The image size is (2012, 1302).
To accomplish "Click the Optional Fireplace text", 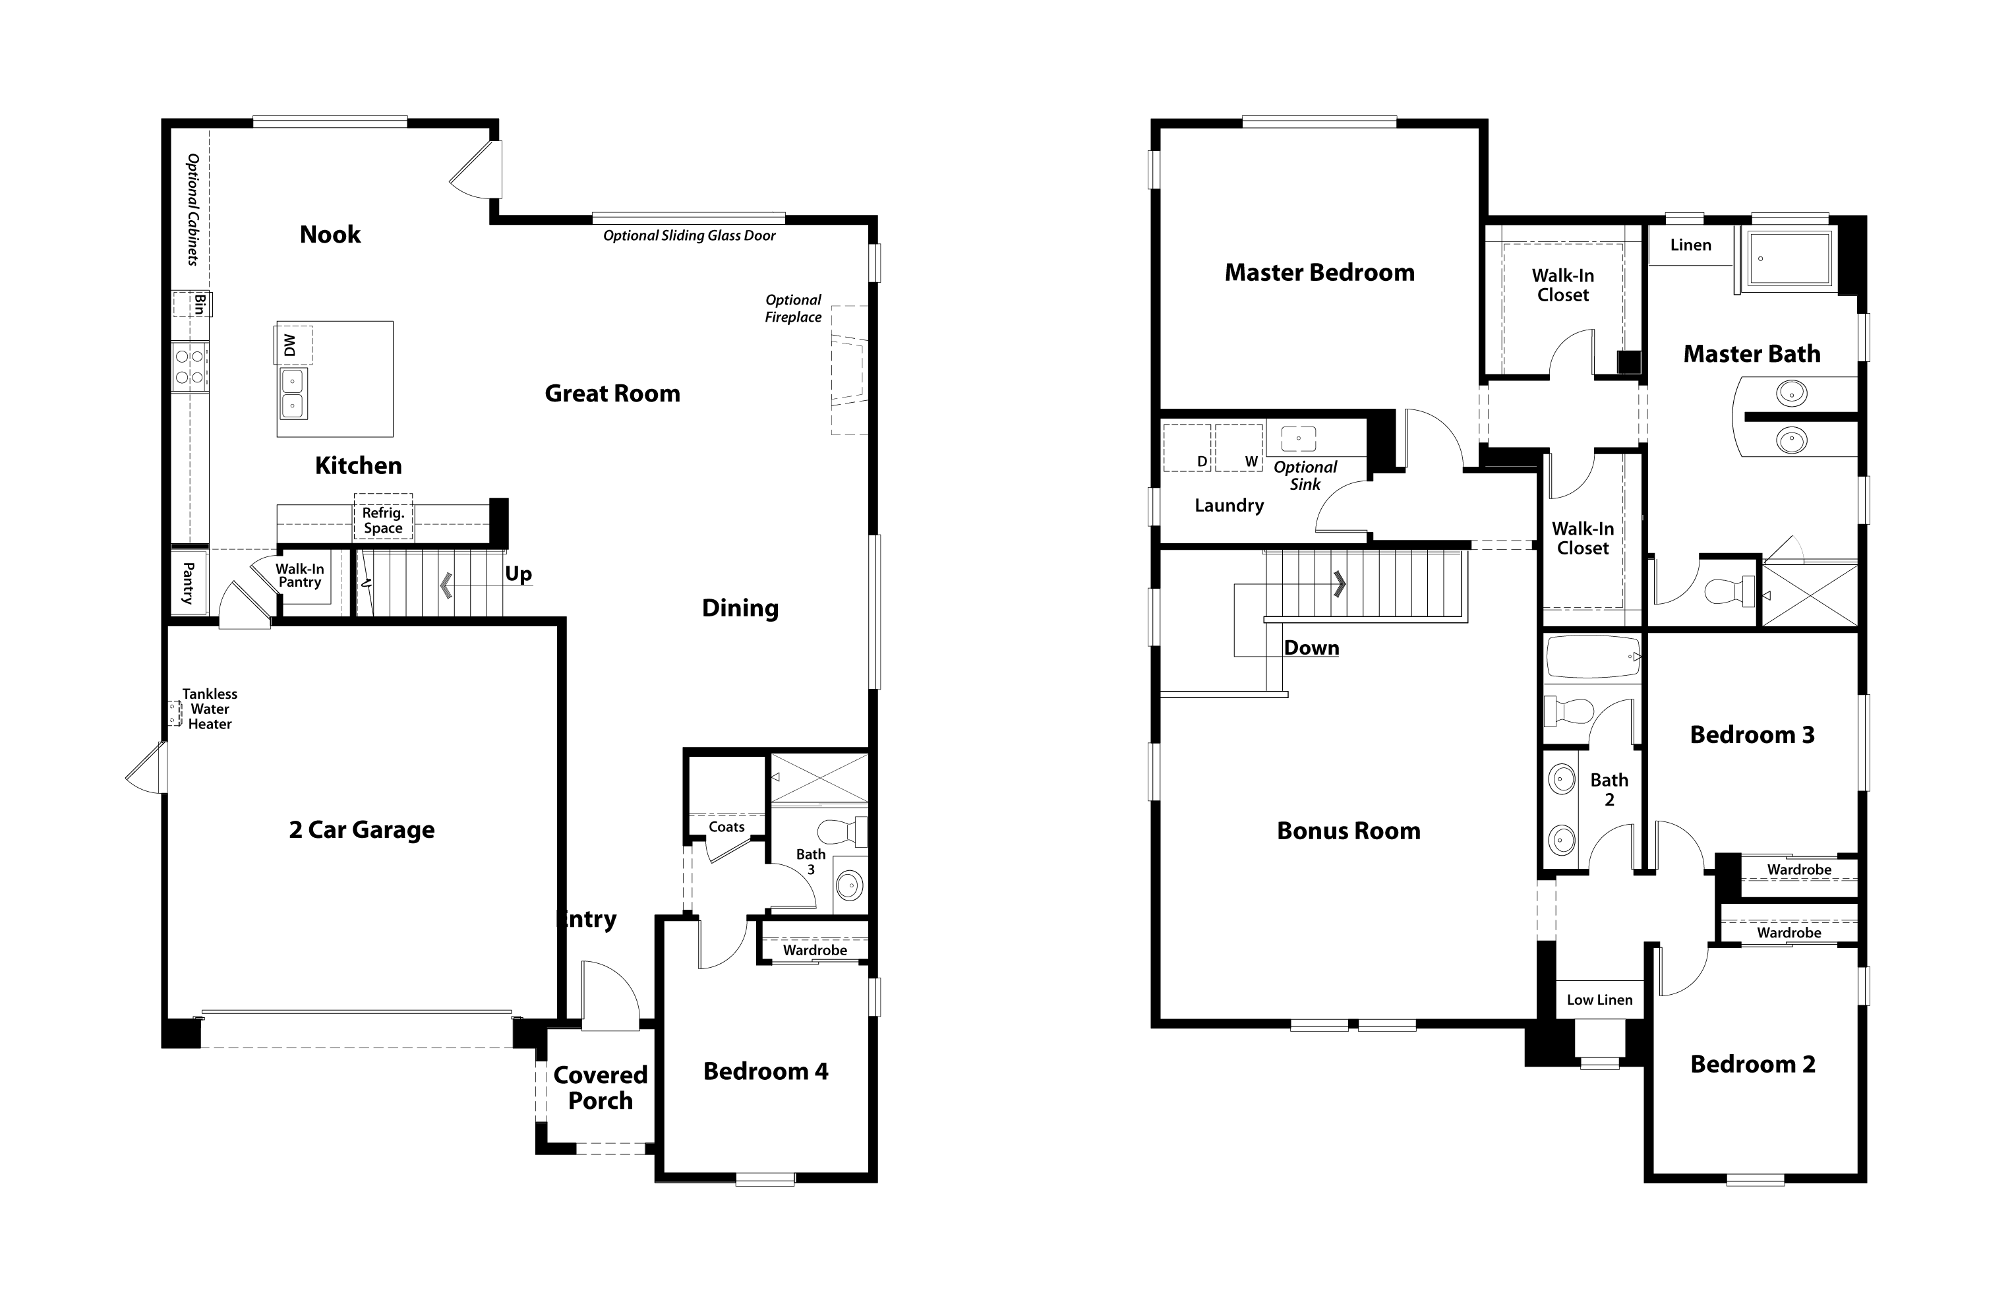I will coord(793,309).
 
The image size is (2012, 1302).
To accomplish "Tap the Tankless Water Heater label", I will coord(210,709).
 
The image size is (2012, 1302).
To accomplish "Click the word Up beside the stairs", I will coord(518,574).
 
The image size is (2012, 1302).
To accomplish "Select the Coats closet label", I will coord(726,827).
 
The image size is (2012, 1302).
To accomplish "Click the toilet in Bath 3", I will coord(842,831).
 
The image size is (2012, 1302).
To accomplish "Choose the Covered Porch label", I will coord(600,1088).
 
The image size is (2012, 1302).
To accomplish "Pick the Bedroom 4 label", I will coord(765,1072).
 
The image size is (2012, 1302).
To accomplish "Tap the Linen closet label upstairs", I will coord(1690,245).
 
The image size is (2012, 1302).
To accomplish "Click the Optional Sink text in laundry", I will coord(1305,475).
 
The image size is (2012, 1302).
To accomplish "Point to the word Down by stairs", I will coord(1311,649).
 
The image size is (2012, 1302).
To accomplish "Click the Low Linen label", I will coord(1599,1000).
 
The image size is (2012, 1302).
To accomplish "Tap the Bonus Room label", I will coord(1348,831).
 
